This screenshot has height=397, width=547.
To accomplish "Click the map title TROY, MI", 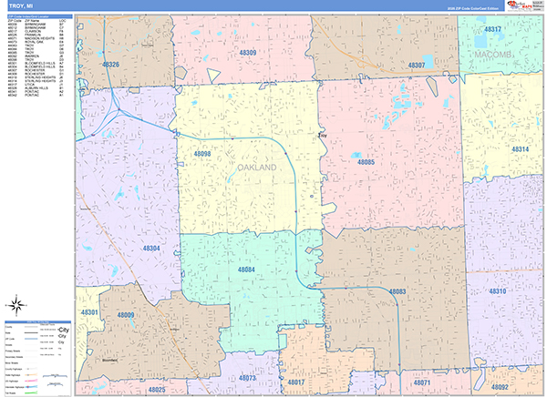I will [x=22, y=7].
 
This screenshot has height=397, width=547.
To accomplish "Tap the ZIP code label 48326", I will [x=110, y=65].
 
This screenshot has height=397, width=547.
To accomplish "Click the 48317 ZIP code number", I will [x=493, y=30].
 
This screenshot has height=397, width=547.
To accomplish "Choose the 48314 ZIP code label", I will [x=521, y=148].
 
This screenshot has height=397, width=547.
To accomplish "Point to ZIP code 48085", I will [x=366, y=162].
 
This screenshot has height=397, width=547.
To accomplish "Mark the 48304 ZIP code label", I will [x=151, y=248].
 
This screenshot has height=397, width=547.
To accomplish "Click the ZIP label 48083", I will [x=397, y=291].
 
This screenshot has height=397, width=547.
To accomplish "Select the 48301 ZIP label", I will [x=90, y=312].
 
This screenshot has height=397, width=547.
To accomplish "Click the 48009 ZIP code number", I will [x=126, y=315].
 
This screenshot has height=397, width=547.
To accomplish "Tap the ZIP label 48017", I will [x=297, y=383].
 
